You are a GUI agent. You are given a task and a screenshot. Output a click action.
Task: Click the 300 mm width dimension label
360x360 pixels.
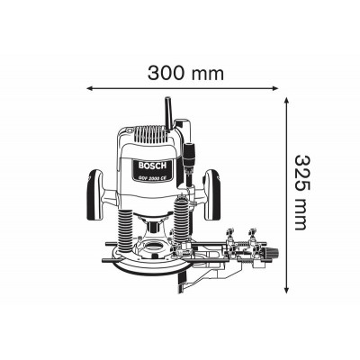point(185,73)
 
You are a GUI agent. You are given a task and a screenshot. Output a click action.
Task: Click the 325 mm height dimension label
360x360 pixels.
point(301,193)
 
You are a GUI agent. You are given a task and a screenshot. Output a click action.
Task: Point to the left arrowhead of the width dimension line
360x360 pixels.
point(89,88)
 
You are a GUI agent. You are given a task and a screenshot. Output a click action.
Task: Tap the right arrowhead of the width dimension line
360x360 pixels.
point(275,88)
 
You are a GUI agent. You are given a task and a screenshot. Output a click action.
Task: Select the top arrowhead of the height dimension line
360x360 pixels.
point(287,100)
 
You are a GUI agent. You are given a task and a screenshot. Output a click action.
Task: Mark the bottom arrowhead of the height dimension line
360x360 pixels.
point(287,291)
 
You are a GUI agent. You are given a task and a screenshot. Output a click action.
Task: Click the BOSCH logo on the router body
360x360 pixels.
point(152,166)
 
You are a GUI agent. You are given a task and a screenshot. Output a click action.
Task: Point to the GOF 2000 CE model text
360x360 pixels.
point(152,176)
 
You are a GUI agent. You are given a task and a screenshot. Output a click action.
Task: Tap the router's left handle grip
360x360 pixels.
point(95,195)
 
